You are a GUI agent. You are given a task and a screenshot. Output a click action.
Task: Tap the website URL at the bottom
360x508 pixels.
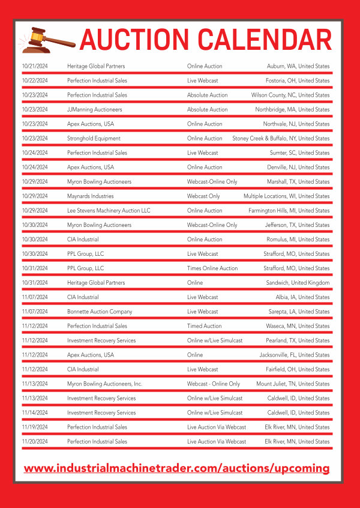coord(177,468)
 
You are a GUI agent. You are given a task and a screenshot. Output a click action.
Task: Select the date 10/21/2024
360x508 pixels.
coord(35,66)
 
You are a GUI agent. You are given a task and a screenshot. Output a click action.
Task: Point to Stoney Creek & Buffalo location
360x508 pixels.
coord(281,139)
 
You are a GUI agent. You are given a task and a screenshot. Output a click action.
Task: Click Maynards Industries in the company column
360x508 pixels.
coord(90,196)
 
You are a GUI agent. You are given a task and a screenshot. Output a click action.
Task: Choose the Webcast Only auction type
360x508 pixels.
coord(203,196)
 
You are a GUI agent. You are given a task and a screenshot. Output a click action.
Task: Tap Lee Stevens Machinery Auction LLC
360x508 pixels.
coord(109,211)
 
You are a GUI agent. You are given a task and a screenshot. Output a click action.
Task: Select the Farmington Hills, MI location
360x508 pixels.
coord(289,211)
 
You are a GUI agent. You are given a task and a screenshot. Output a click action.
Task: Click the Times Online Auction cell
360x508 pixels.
coord(212,268)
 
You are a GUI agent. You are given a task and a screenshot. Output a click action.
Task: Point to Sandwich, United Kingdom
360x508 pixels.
coord(298,283)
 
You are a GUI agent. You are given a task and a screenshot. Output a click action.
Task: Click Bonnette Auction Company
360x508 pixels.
coord(100,312)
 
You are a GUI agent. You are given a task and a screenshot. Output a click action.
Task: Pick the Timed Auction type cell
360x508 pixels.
coord(204,326)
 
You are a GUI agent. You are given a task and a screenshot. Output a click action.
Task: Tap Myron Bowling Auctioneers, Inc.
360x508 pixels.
coord(104,384)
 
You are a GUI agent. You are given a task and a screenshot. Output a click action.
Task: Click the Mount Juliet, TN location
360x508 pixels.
coord(293,384)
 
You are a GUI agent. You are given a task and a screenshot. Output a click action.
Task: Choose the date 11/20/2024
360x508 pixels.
coord(35,441)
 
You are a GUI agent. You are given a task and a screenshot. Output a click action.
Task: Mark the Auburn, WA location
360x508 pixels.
coord(298,66)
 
